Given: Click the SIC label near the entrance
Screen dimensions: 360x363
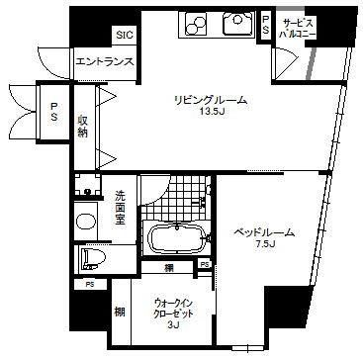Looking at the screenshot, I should click(124, 36).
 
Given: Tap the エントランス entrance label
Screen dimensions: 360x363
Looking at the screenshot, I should click(105, 63).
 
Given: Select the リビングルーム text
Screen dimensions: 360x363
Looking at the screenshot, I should click(210, 101).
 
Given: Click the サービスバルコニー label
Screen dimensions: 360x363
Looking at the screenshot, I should click(300, 27).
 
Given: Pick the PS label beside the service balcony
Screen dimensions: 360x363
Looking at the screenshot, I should click(266, 26).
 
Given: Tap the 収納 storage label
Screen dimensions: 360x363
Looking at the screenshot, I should click(84, 126).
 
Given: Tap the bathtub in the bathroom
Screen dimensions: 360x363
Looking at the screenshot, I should click(175, 239).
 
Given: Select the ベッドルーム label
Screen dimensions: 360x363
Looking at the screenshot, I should click(263, 233).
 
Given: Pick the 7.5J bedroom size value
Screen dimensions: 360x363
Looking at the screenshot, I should click(263, 246).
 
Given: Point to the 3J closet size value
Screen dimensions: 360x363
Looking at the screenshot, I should click(174, 324).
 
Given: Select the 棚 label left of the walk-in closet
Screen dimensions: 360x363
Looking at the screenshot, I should click(119, 313).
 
